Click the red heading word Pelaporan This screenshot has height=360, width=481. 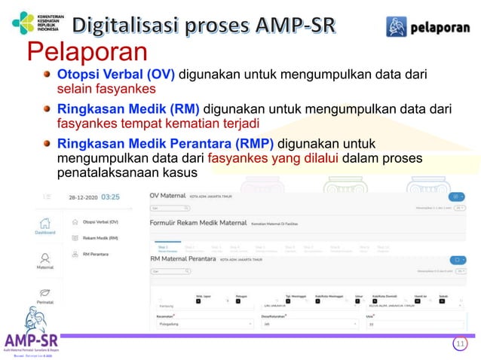pyautogui.click(x=87, y=53)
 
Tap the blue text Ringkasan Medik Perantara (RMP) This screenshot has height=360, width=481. pyautogui.click(x=167, y=143)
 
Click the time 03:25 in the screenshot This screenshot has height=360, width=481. pyautogui.click(x=110, y=197)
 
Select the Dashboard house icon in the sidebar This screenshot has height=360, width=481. pyautogui.click(x=45, y=224)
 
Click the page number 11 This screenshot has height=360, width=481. pyautogui.click(x=459, y=344)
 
